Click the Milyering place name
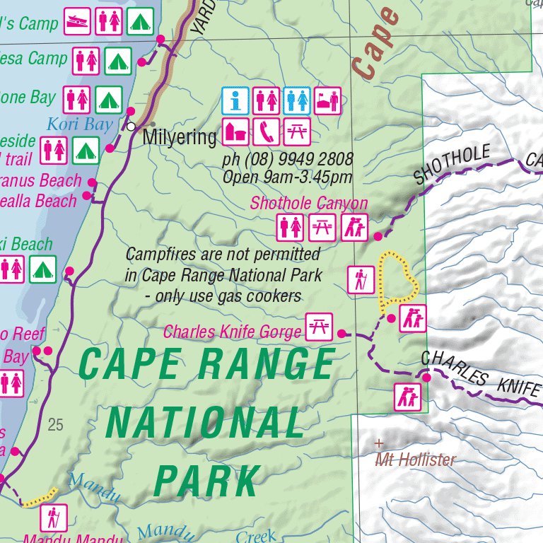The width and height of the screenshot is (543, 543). (x=180, y=137)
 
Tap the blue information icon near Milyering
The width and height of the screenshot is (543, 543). (x=235, y=100)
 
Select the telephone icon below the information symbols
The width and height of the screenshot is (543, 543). (x=266, y=132)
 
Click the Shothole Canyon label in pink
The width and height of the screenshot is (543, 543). (x=309, y=204)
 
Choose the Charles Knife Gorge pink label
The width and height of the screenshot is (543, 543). (x=233, y=331)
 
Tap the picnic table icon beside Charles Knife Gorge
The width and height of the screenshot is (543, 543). (x=318, y=327)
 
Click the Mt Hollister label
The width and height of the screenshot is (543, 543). (x=415, y=460)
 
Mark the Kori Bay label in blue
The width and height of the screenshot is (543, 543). (x=79, y=125)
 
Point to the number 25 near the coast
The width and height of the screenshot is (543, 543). (x=55, y=425)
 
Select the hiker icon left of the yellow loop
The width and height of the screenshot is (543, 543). (x=361, y=280)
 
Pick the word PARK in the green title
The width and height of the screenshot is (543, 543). (x=206, y=481)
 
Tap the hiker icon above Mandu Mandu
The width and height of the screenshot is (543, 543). (x=53, y=518)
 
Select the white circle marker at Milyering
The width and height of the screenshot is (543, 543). (x=131, y=127)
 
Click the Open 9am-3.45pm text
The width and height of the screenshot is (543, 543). (x=286, y=177)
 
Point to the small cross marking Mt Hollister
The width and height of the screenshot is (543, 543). (x=379, y=444)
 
